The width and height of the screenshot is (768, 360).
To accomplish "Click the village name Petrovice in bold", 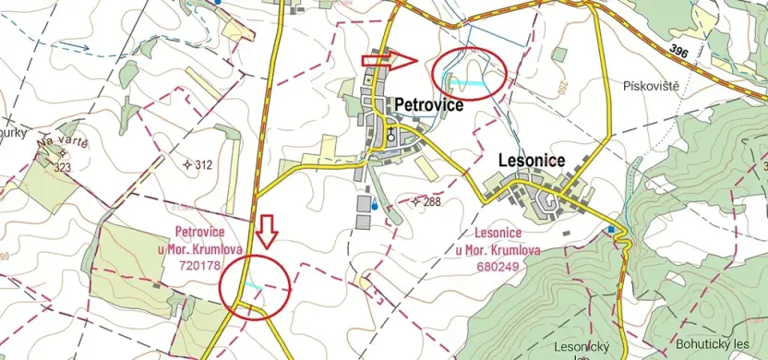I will [429, 105].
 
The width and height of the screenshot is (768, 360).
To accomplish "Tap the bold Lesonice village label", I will [531, 160].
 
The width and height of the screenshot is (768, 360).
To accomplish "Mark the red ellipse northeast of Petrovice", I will [470, 73].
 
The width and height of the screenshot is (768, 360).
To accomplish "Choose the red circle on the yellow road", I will [256, 287].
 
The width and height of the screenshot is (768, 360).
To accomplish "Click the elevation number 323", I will [63, 168].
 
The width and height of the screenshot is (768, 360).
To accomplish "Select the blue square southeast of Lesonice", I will [610, 228].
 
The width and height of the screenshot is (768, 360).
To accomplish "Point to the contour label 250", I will [560, 88].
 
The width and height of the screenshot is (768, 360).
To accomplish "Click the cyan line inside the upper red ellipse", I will [471, 81].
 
